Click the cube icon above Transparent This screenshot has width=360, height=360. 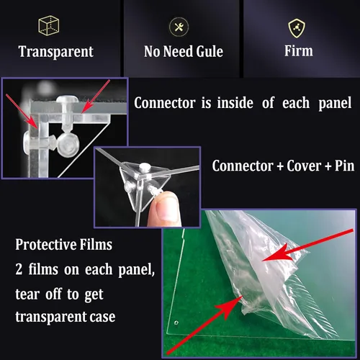click(x=49, y=26)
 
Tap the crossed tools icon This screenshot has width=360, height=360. click(x=179, y=27)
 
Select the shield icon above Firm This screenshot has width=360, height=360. click(x=297, y=28)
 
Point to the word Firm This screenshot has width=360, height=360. click(x=299, y=50)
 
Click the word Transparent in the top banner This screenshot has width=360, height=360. click(x=55, y=52)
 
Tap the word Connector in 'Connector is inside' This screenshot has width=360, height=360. click(x=165, y=103)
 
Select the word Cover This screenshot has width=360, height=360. click(x=304, y=166)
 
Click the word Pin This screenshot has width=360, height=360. click(x=345, y=166)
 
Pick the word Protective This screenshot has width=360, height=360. click(x=45, y=244)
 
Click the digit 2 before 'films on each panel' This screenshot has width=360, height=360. click(x=19, y=269)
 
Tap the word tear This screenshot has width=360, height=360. click(x=27, y=294)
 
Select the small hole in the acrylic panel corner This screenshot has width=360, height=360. click(x=176, y=323)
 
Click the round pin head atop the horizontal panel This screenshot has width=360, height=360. click(x=67, y=98)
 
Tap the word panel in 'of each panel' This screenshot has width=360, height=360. click(x=335, y=104)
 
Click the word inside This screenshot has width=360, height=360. click(x=235, y=103)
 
